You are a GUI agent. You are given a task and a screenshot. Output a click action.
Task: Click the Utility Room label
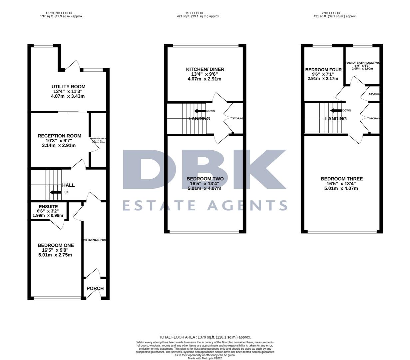[68, 87]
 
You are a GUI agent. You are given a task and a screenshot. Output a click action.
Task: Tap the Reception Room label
[59, 136]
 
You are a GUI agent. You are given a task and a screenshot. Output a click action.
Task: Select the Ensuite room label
[48, 207]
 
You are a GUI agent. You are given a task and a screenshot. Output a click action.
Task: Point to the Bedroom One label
[56, 245]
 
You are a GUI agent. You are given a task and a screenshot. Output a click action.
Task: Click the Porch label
[95, 288]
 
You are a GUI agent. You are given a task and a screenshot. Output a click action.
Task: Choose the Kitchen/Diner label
[205, 69]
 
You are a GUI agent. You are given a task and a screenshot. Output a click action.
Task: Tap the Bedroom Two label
[205, 179]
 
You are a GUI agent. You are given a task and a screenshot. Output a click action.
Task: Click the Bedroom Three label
[341, 179]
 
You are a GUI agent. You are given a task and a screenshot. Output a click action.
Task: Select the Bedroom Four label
[323, 70]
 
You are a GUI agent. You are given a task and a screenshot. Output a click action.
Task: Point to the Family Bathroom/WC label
[363, 63]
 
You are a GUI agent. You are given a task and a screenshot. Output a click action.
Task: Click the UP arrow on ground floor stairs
[55, 192]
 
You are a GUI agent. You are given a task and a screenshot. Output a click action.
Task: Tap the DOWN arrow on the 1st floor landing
[200, 111]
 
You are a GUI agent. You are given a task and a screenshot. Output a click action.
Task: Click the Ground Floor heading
[59, 13]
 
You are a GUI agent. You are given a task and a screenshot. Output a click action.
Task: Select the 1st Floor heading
[194, 13]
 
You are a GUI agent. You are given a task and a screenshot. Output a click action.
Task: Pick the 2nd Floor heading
[331, 13]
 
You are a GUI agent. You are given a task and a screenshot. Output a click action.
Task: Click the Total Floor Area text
[205, 337]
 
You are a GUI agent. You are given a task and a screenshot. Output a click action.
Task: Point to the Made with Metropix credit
[205, 358]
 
